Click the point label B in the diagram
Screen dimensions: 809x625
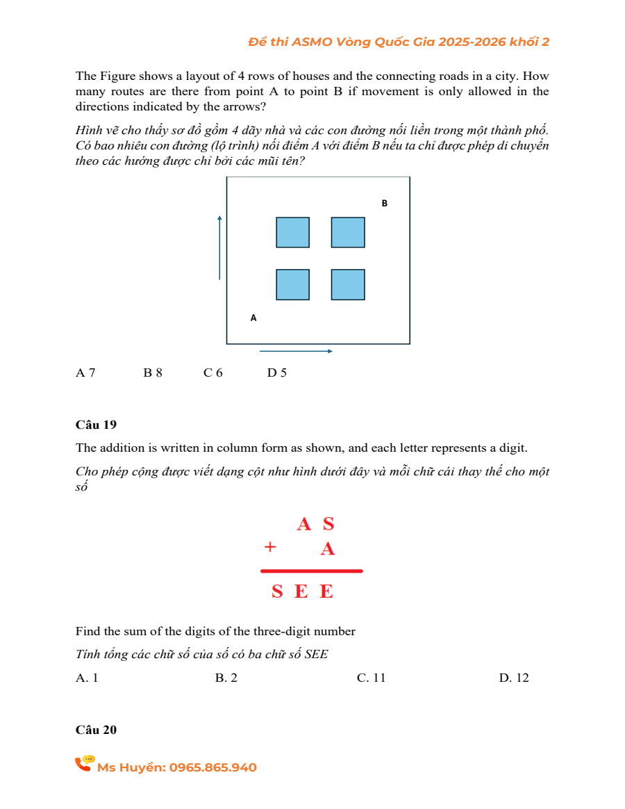click(384, 204)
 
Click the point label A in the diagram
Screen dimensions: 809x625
click(253, 318)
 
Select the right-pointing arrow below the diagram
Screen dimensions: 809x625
click(296, 351)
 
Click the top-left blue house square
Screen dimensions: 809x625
click(292, 232)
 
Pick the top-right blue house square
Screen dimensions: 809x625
click(348, 232)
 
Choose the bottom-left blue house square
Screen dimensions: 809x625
click(292, 284)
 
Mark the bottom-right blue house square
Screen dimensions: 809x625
click(348, 284)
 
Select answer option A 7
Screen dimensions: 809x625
click(85, 373)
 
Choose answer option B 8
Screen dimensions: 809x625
click(153, 373)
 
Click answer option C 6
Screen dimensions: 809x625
click(213, 373)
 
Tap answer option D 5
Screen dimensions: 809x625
click(276, 373)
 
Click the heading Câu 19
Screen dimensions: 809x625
click(96, 425)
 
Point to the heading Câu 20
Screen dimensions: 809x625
click(96, 730)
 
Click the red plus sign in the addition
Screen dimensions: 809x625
click(270, 547)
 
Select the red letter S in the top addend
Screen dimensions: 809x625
click(328, 524)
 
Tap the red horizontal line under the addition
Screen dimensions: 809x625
click(312, 571)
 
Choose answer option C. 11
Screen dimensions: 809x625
click(371, 678)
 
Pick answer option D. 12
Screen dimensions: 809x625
click(514, 678)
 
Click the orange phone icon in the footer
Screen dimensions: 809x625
click(85, 764)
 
